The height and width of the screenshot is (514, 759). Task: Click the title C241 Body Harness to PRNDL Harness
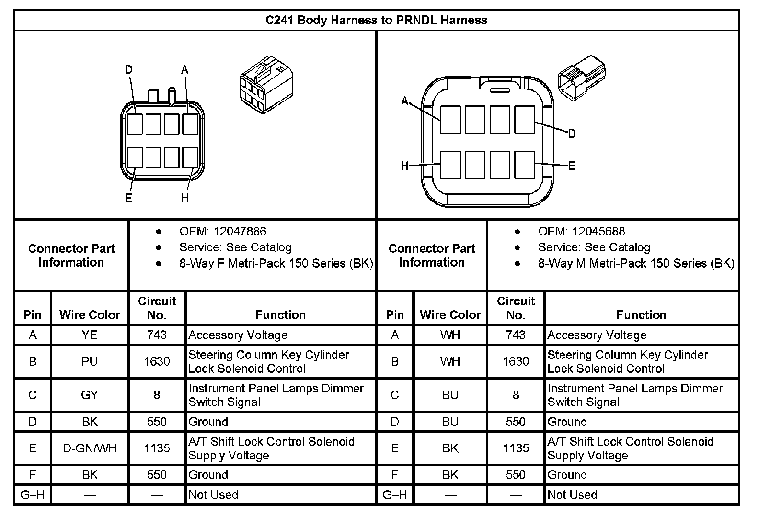click(x=376, y=21)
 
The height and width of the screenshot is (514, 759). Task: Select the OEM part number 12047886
click(x=240, y=232)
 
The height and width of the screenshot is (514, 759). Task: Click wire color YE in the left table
click(x=90, y=335)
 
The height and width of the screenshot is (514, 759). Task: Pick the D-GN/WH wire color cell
click(x=90, y=448)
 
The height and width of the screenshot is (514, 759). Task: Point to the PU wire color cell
click(x=90, y=361)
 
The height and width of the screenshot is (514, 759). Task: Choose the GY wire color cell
click(x=90, y=395)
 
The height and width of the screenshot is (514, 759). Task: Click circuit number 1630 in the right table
click(x=516, y=361)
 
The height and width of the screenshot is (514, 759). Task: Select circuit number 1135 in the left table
click(x=157, y=448)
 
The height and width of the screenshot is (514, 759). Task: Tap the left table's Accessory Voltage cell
click(x=238, y=335)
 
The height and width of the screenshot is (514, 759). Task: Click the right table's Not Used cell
click(x=572, y=495)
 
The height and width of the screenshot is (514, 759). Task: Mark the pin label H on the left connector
click(x=185, y=198)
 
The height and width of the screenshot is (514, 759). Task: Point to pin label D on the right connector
click(x=572, y=134)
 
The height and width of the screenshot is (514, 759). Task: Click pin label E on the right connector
click(x=571, y=167)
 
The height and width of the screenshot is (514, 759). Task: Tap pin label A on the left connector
click(x=185, y=70)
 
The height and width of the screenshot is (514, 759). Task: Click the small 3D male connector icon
click(x=581, y=77)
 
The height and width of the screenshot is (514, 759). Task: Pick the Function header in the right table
click(x=641, y=315)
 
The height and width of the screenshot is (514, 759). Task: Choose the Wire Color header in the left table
click(x=90, y=315)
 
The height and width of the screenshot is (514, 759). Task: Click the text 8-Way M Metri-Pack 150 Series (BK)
click(x=636, y=263)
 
